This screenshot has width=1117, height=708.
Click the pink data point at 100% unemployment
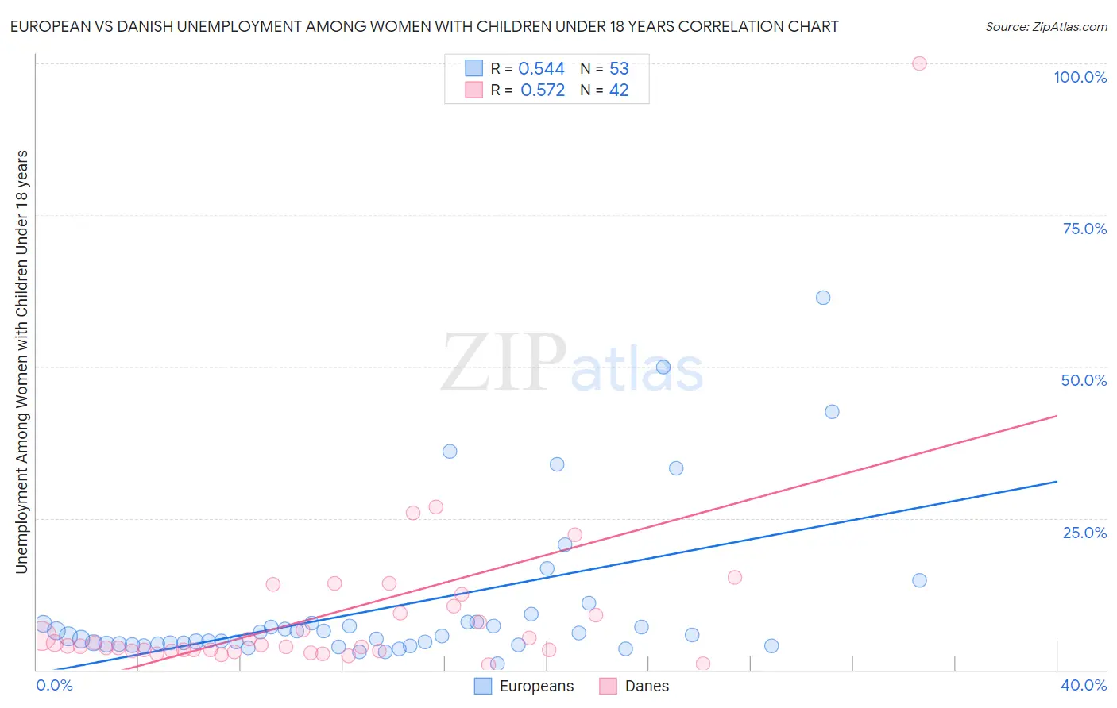coord(919,63)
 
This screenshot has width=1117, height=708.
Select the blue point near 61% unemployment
coord(823,298)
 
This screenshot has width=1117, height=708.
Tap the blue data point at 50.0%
coord(663,367)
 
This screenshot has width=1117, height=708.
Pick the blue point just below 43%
coord(832,411)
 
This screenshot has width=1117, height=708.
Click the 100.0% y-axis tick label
coord(1080,77)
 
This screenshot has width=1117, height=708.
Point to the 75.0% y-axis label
coord(1084,229)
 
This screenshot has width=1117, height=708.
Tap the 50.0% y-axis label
coord(1084,380)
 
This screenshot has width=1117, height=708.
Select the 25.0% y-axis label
coord(1084,533)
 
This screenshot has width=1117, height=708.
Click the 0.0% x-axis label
coord(54,685)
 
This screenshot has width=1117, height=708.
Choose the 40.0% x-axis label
coord(1083,685)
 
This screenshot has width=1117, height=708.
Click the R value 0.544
coord(541,69)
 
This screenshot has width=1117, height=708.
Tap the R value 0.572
coord(543,90)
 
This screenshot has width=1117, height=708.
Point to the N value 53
coord(619,69)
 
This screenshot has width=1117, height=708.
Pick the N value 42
coord(619,90)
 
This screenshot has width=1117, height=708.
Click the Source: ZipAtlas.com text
coord(1045,27)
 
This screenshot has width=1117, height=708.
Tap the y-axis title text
coord(22,361)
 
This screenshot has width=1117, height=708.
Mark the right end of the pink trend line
coord(1057,415)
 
